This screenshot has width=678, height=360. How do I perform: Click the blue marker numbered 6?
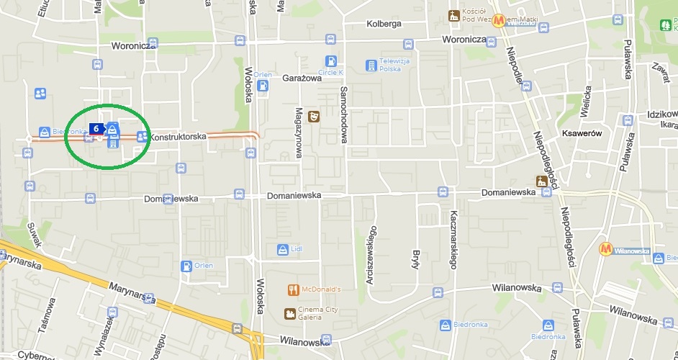point(96,128)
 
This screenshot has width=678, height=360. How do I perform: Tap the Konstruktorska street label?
point(178,136)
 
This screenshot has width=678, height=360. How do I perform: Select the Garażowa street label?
point(302,78)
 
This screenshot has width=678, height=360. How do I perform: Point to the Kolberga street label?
point(384,24)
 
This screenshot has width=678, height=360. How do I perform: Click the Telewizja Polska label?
point(394,65)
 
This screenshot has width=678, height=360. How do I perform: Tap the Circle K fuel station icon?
point(330,61)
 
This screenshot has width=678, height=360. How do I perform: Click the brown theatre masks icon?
point(314,116)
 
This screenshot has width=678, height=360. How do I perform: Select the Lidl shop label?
point(297,249)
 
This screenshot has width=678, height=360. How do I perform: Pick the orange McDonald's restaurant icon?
point(292,290)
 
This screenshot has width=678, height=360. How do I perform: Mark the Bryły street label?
point(415,258)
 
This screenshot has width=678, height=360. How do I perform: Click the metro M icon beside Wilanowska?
point(607,249)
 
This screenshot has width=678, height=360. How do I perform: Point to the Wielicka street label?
point(587,101)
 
